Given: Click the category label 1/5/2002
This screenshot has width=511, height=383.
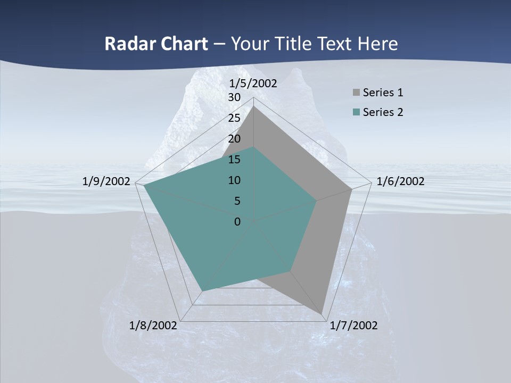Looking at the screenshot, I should pyautogui.click(x=253, y=84).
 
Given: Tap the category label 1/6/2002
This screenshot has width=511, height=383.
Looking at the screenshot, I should pyautogui.click(x=400, y=181).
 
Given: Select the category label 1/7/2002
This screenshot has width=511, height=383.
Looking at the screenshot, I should pyautogui.click(x=353, y=326).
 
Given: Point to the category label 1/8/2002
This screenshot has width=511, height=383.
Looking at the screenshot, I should pyautogui.click(x=153, y=326).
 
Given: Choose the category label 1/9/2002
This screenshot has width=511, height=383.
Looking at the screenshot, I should pyautogui.click(x=106, y=181).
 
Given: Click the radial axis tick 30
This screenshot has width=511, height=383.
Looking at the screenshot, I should pyautogui.click(x=234, y=97).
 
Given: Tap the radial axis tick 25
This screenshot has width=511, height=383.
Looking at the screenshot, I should pyautogui.click(x=234, y=118).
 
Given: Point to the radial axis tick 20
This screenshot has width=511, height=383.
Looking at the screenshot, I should pyautogui.click(x=234, y=139).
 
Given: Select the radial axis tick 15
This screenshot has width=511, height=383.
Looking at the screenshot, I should pyautogui.click(x=234, y=160).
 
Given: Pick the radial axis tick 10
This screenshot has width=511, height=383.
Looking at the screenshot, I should pyautogui.click(x=234, y=180).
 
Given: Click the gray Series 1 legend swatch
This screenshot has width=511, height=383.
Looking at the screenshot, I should pyautogui.click(x=356, y=93).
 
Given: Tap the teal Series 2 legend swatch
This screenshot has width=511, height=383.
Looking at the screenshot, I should pyautogui.click(x=356, y=112).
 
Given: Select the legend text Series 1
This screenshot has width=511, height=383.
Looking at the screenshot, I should pyautogui.click(x=383, y=93).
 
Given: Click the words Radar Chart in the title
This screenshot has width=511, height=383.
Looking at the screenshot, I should pyautogui.click(x=156, y=44).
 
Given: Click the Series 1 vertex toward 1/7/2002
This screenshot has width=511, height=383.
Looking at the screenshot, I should pyautogui.click(x=323, y=314).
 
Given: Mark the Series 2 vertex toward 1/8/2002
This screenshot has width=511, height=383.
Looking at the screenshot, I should pyautogui.click(x=202, y=290).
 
